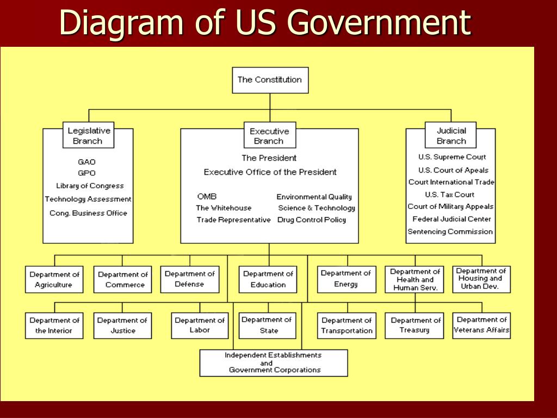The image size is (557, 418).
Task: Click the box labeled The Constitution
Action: pyautogui.click(x=270, y=79)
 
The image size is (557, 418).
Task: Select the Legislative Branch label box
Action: pyautogui.click(x=88, y=136)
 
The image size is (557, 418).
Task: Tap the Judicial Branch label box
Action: pyautogui.click(x=451, y=136)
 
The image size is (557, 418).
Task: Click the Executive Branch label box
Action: pyautogui.click(x=269, y=136)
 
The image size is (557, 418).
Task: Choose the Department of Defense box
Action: pyautogui.click(x=189, y=279)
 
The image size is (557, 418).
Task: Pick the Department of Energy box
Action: pyautogui.click(x=346, y=279)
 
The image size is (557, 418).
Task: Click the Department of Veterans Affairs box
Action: pyautogui.click(x=481, y=325)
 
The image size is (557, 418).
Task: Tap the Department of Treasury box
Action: pyautogui.click(x=414, y=325)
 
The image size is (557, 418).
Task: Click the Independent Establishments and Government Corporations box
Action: pyautogui.click(x=274, y=362)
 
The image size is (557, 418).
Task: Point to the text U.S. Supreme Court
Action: pyautogui.click(x=452, y=157)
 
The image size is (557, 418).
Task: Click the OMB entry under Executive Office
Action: pyautogui.click(x=207, y=196)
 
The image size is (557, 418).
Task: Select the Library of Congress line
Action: pyautogui.click(x=90, y=186)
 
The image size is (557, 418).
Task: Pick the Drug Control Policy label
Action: pyautogui.click(x=311, y=220)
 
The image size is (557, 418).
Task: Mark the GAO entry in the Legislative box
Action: pyautogui.click(x=86, y=162)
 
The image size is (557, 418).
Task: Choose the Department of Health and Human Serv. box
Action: pyautogui.click(x=414, y=279)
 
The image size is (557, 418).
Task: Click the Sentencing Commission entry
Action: pyautogui.click(x=450, y=231)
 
